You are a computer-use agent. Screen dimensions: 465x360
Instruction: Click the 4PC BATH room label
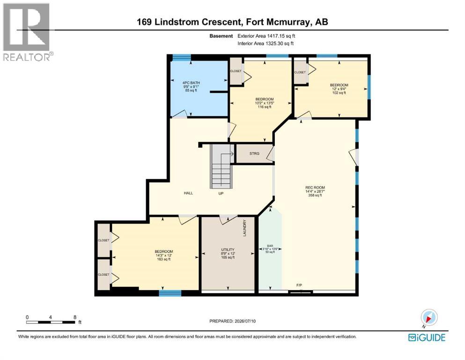click(191, 83)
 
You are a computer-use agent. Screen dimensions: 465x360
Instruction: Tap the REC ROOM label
click(315, 187)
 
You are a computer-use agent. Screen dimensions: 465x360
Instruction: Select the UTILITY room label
click(228, 249)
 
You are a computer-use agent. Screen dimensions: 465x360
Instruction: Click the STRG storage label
click(254, 153)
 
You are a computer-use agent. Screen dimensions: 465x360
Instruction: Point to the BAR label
click(270, 246)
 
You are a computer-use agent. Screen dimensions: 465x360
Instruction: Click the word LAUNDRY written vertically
click(244, 228)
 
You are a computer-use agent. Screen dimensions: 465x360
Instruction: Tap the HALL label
click(188, 193)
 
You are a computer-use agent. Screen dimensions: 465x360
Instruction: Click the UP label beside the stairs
click(221, 193)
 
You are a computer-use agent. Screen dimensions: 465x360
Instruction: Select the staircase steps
click(221, 166)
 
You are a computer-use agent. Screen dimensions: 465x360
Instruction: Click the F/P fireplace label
click(299, 285)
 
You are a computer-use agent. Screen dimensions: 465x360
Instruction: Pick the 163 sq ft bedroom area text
click(164, 259)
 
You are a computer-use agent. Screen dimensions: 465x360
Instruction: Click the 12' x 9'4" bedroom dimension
click(339, 89)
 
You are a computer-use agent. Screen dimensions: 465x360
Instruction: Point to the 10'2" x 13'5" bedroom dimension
click(265, 103)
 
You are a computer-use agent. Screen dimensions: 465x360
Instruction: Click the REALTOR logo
click(28, 32)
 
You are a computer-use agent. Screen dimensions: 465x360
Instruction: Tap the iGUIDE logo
click(427, 337)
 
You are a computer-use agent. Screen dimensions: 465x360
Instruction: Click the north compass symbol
click(429, 318)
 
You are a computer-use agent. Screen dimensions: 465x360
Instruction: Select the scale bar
click(51, 322)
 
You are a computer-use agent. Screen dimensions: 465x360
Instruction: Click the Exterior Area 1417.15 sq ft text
click(266, 36)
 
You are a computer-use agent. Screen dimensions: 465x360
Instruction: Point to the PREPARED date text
click(232, 321)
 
